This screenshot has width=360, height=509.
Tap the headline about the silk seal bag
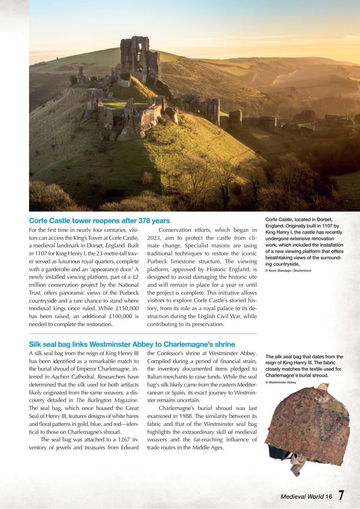coord(132,344)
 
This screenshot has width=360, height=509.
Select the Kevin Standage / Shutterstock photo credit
coord(288,270)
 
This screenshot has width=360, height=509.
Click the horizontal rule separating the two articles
coord(143,334)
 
